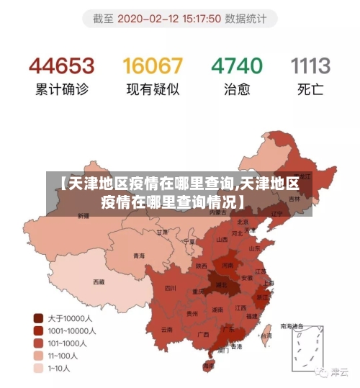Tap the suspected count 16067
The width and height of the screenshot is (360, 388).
pyautogui.click(x=152, y=67)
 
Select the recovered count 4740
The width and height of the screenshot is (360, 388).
pyautogui.click(x=236, y=67)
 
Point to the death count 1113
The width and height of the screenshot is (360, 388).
pyautogui.click(x=310, y=67)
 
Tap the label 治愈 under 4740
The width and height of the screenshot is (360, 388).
pyautogui.click(x=236, y=90)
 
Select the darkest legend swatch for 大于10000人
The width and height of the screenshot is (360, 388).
pyautogui.click(x=38, y=317)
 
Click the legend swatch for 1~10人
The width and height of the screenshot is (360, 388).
pyautogui.click(x=38, y=369)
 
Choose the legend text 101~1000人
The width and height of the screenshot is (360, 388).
pyautogui.click(x=67, y=343)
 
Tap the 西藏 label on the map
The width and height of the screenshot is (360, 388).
pyautogui.click(x=98, y=281)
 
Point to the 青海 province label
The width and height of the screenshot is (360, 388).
pyautogui.click(x=139, y=256)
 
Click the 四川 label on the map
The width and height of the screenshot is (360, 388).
pyautogui.click(x=170, y=288)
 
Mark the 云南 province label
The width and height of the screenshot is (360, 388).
pyautogui.click(x=167, y=329)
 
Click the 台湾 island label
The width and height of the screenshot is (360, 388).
pyautogui.click(x=266, y=335)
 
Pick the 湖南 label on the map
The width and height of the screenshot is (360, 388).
pyautogui.click(x=217, y=310)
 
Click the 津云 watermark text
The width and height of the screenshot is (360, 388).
pyautogui.click(x=338, y=372)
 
